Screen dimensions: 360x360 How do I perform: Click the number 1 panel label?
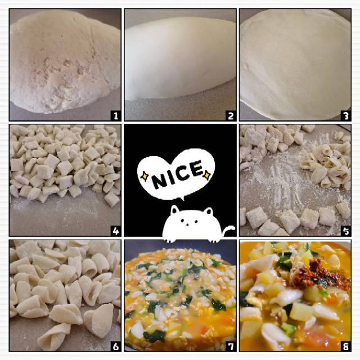(x=116, y=116)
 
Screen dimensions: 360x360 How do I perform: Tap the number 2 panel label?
(x=231, y=116)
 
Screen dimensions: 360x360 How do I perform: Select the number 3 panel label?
(x=346, y=116)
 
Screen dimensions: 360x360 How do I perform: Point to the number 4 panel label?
(x=116, y=231)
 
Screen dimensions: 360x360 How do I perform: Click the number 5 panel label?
(x=346, y=231)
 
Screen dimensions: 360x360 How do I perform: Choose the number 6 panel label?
(x=116, y=346)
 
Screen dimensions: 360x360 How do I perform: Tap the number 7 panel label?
(x=231, y=346)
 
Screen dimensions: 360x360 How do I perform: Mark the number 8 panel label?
(x=346, y=346)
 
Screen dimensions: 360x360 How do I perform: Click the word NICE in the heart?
(x=177, y=174)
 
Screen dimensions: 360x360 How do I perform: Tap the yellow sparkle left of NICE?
(x=145, y=176)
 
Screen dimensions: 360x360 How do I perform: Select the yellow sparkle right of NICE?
(x=207, y=175)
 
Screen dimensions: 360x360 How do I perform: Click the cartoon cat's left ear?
(x=175, y=210)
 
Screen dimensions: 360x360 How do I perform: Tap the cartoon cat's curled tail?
(x=228, y=230)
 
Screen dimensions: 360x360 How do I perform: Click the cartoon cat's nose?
(x=187, y=224)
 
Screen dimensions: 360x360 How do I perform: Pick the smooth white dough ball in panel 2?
(x=180, y=58)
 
